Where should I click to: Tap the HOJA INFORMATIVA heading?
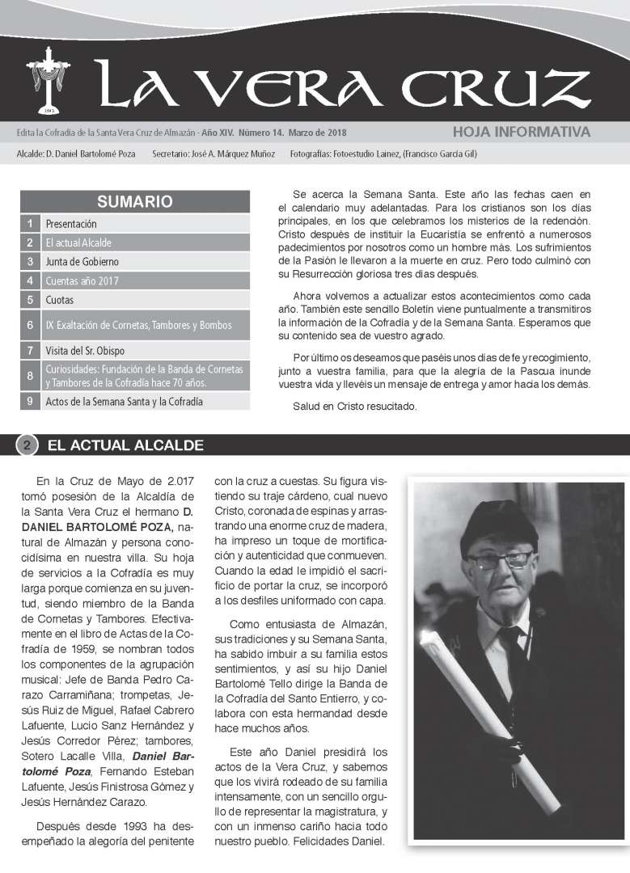tap(521, 132)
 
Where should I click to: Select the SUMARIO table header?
tap(134, 201)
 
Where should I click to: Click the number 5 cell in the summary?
tap(29, 300)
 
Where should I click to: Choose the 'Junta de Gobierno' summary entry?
tap(82, 262)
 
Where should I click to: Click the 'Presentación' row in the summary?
tap(71, 223)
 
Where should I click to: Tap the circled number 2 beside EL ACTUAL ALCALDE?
tap(27, 445)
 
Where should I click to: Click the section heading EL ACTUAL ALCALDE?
tap(125, 445)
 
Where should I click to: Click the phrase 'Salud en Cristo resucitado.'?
tap(354, 407)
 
